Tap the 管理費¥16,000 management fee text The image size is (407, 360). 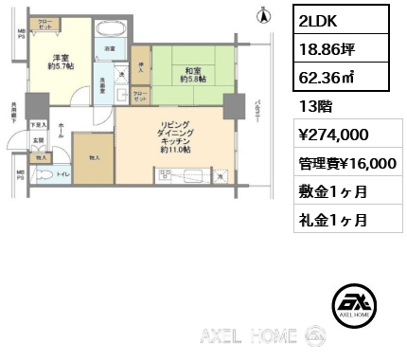point(342,163)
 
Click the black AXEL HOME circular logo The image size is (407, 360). point(358,305)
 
